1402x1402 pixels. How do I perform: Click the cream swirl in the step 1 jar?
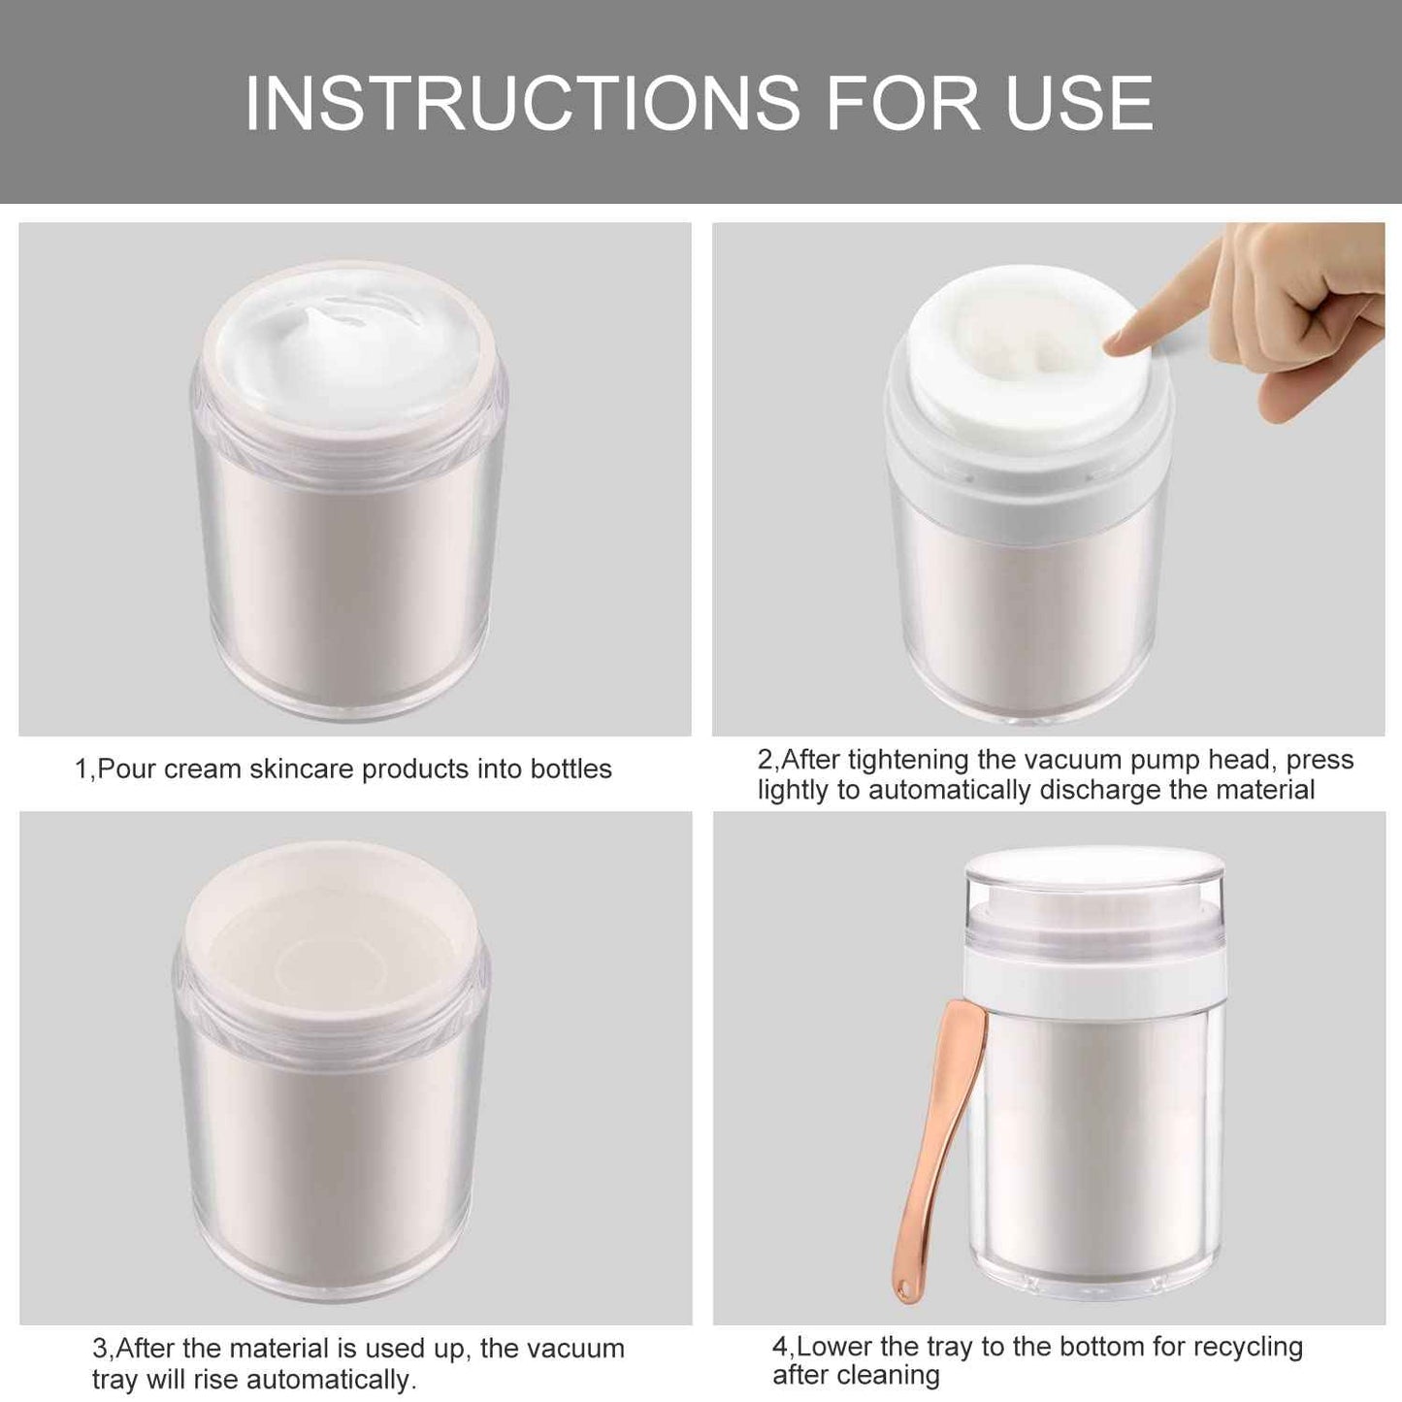(x=335, y=325)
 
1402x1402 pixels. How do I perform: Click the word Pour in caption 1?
(x=128, y=769)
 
